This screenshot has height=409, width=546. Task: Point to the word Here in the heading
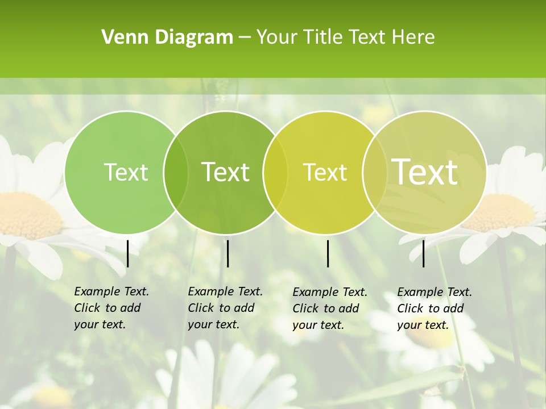(x=413, y=37)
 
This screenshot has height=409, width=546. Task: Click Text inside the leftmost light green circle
(x=126, y=172)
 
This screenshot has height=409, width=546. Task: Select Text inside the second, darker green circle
(x=225, y=172)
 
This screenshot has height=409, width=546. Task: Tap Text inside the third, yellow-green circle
(x=325, y=172)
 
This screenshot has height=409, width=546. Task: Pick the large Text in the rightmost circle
(x=425, y=172)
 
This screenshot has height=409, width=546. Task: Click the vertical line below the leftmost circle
(x=128, y=253)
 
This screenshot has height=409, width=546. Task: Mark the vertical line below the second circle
(x=227, y=253)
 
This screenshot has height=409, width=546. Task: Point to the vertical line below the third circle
(x=328, y=253)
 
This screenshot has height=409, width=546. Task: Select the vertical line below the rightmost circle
(x=424, y=253)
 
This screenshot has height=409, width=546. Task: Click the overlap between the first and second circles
(x=176, y=173)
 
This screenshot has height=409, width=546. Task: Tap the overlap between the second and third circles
(x=275, y=173)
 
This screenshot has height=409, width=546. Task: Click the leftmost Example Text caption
(x=111, y=308)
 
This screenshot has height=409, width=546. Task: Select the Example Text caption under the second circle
(x=225, y=308)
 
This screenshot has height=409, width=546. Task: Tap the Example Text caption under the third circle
(x=329, y=308)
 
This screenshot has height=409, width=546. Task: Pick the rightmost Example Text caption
(x=434, y=308)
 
